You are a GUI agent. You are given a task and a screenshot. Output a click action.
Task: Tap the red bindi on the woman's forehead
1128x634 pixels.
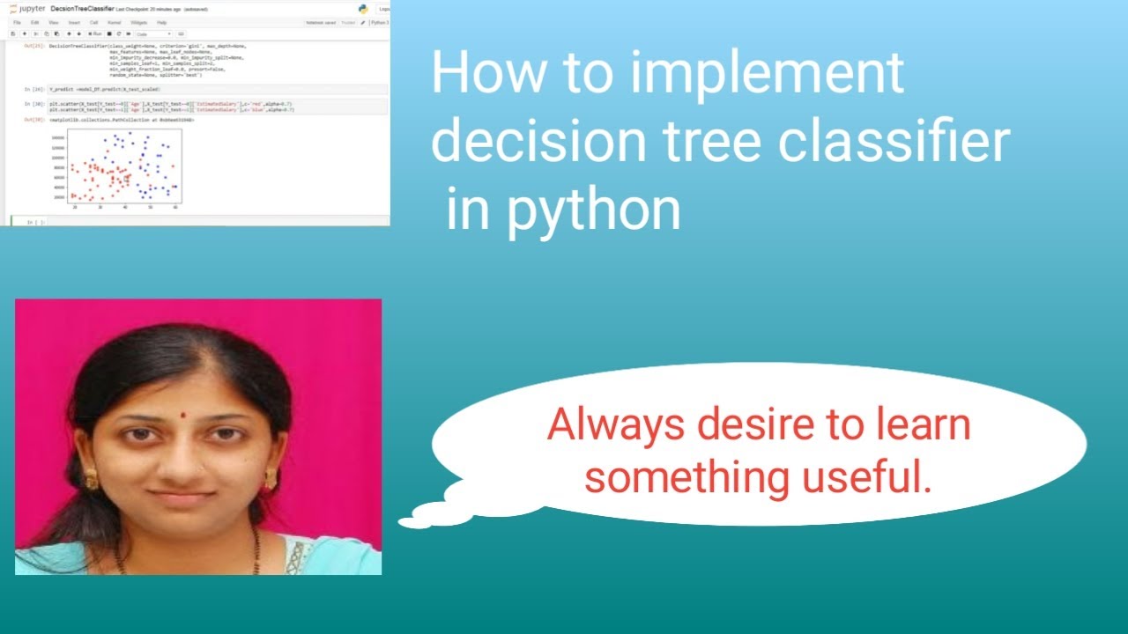click(x=182, y=414)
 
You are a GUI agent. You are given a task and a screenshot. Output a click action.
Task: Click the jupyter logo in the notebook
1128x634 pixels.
click(x=28, y=9)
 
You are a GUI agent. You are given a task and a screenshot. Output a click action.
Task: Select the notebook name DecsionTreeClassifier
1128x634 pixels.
click(x=82, y=9)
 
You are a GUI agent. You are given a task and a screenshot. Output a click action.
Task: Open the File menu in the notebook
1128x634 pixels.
click(x=17, y=22)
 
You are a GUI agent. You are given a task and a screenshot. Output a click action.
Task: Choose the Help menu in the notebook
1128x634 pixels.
click(x=161, y=22)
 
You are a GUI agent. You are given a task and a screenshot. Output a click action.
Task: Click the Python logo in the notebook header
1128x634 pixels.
click(x=362, y=9)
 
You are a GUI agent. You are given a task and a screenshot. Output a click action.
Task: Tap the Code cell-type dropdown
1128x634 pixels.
click(x=152, y=34)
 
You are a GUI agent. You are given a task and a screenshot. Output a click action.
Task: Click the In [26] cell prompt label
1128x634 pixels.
click(x=34, y=89)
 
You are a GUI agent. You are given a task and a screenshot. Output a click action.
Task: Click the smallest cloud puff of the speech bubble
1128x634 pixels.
click(x=411, y=522)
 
